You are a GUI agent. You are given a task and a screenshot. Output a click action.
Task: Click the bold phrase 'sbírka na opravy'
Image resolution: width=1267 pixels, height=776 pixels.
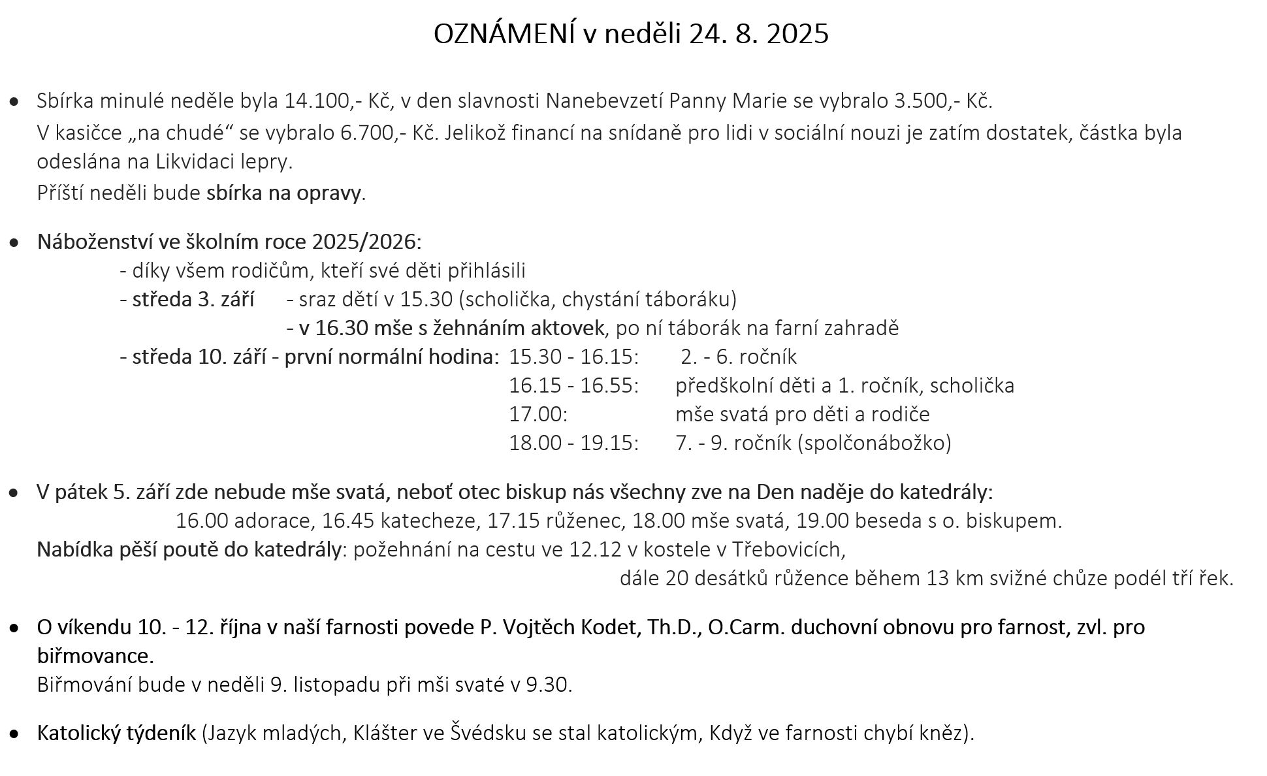pos(283,193)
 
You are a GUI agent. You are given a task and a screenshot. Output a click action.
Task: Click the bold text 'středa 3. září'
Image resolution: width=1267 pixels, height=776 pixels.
pos(193,299)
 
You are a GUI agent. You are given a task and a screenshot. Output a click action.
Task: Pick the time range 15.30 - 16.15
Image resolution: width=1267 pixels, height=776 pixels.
pos(573,357)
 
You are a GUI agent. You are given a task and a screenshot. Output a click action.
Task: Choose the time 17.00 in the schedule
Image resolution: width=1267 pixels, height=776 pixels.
pos(537,414)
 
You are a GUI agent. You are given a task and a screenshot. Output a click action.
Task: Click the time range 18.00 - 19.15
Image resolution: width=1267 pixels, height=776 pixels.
pos(573,443)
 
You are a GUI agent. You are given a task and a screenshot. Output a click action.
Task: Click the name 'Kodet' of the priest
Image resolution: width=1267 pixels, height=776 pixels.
pos(612,627)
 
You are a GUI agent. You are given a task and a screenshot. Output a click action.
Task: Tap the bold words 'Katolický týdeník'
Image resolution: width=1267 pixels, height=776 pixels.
pos(116,733)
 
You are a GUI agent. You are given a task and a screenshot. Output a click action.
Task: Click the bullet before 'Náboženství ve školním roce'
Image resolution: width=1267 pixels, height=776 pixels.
pos(14,242)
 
